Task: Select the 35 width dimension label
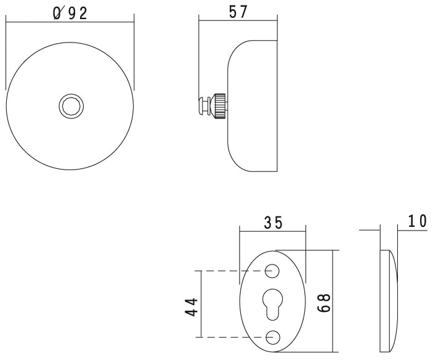tap(273, 223)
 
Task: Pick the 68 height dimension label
tap(325, 301)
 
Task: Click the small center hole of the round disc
tap(70, 106)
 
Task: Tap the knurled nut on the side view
tap(219, 106)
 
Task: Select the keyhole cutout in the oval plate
tap(272, 303)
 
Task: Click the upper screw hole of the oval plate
tap(272, 271)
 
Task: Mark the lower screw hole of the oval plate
tap(272, 337)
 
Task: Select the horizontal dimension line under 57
tap(238, 23)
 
